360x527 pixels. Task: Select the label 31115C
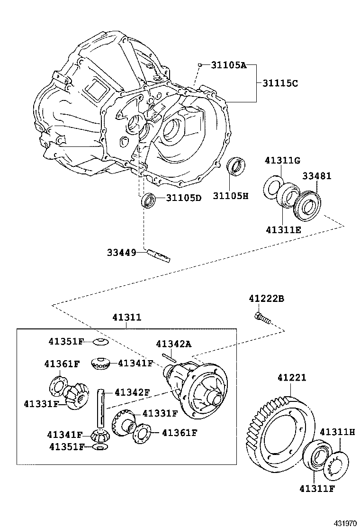280,83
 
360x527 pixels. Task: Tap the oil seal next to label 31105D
148,200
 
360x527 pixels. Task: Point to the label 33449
122,253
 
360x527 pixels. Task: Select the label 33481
317,176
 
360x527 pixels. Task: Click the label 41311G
282,161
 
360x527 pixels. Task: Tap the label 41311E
283,230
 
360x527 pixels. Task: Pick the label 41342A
173,344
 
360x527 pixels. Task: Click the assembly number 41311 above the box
126,318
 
